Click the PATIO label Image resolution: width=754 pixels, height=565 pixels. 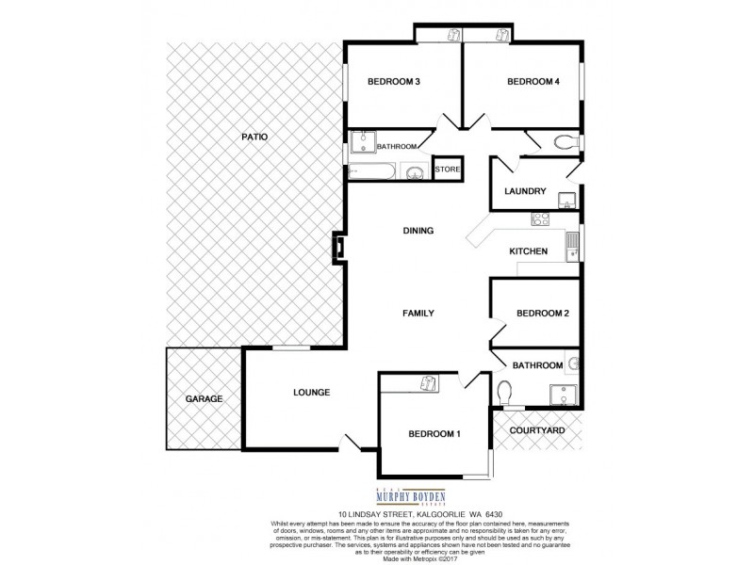point(254,137)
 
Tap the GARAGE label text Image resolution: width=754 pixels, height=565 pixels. point(204,398)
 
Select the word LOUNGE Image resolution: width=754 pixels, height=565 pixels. point(311,393)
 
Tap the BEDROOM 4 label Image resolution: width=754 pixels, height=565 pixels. point(533,82)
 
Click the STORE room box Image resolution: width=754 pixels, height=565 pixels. point(447,169)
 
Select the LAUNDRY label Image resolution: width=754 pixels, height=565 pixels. point(525,191)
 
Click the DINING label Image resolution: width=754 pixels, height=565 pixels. point(418,231)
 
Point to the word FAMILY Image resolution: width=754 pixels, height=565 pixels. point(418,314)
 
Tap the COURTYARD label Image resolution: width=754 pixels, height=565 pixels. point(536,430)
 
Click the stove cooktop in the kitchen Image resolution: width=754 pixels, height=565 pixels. point(542,220)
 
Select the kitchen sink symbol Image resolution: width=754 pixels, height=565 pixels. point(572,247)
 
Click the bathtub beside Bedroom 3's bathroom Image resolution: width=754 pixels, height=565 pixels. point(370,171)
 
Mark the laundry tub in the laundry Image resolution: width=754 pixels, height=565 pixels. point(567,199)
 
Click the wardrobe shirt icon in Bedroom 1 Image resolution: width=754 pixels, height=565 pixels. point(429,383)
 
